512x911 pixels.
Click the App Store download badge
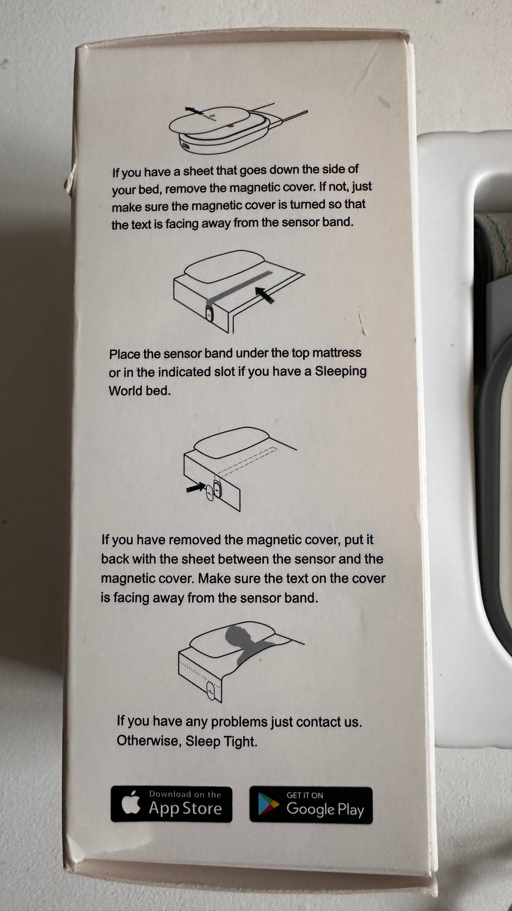coord(171,804)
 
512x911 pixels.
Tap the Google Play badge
coord(311,805)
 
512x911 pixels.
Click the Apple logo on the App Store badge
coord(131,803)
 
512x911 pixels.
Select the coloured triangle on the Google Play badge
coord(269,805)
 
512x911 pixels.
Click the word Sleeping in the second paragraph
coord(341,372)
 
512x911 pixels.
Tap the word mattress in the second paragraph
coord(337,352)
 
